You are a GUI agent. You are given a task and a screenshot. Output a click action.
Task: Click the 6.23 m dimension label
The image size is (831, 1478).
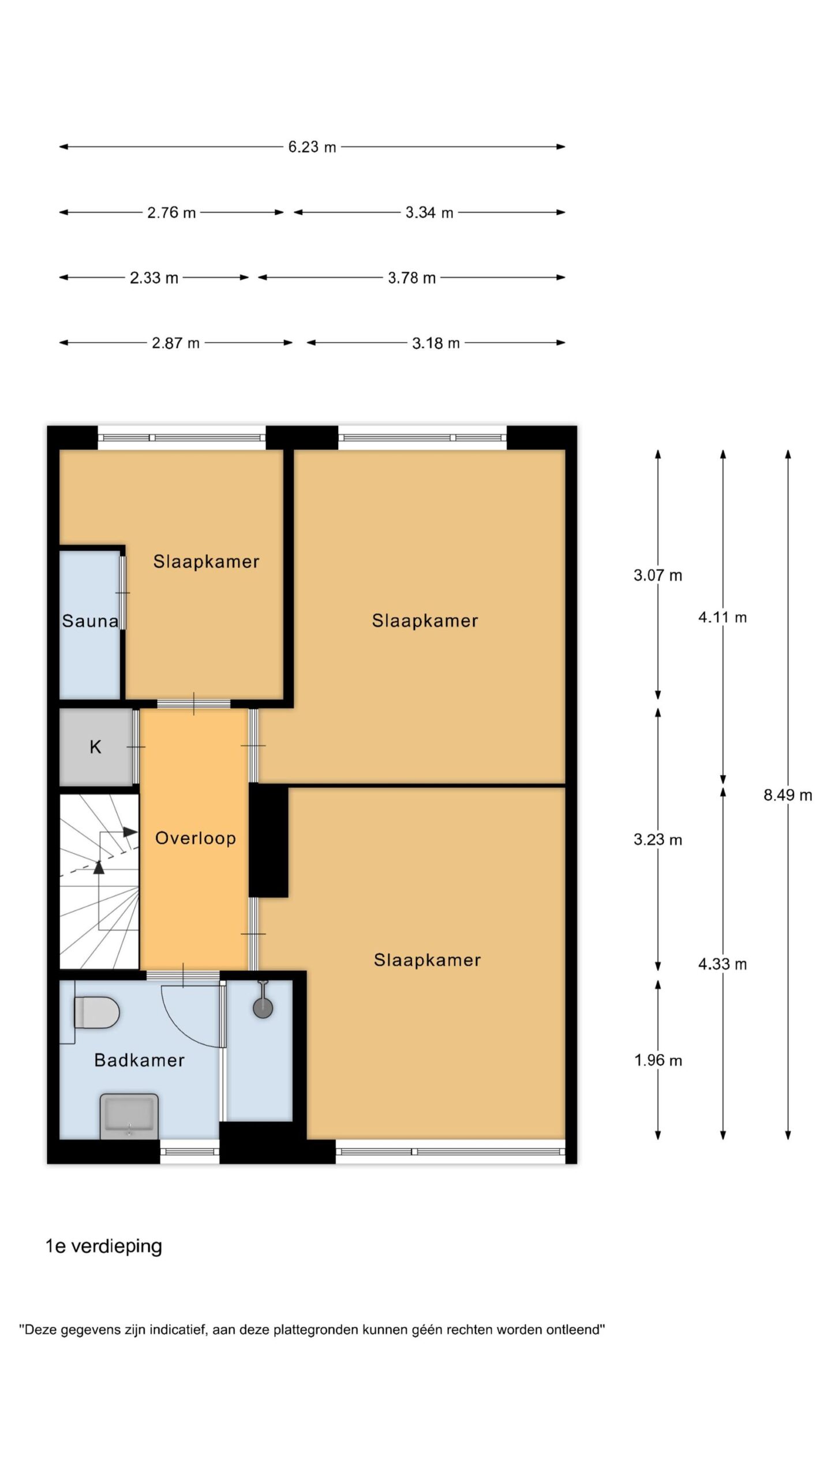click(x=312, y=147)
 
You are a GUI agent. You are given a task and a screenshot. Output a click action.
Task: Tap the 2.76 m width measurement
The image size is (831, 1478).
click(x=171, y=212)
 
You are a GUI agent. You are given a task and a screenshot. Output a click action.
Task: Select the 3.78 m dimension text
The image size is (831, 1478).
click(x=411, y=278)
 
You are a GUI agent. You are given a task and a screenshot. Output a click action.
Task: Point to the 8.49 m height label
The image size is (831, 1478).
click(x=788, y=795)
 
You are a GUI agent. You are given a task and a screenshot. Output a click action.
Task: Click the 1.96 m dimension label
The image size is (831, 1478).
click(x=658, y=1060)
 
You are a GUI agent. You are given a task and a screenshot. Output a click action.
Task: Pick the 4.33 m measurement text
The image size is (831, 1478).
click(x=723, y=964)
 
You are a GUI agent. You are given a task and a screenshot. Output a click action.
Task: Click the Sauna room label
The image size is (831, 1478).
click(x=90, y=621)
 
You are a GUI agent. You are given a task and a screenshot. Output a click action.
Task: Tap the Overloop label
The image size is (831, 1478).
click(x=196, y=838)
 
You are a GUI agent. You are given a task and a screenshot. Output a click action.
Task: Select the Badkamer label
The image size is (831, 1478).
click(x=139, y=1060)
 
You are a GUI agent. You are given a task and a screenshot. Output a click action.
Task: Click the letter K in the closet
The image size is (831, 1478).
click(x=95, y=747)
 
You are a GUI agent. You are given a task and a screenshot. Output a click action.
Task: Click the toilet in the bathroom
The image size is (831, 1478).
click(x=96, y=1012)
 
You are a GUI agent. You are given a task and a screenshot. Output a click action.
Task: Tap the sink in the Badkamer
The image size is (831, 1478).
click(x=129, y=1116)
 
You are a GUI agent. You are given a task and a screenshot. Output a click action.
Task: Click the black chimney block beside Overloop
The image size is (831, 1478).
click(x=268, y=841)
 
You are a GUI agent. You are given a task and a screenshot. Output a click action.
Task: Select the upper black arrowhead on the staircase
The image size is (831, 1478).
click(x=130, y=832)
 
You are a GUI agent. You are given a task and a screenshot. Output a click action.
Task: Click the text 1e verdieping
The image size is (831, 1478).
click(x=104, y=1246)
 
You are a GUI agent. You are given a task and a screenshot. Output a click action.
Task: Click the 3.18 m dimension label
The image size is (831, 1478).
click(x=436, y=343)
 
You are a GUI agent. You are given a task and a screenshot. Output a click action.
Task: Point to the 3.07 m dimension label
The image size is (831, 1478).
click(x=658, y=575)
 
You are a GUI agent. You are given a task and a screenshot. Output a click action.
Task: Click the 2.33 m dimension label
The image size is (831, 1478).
click(x=154, y=278)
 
